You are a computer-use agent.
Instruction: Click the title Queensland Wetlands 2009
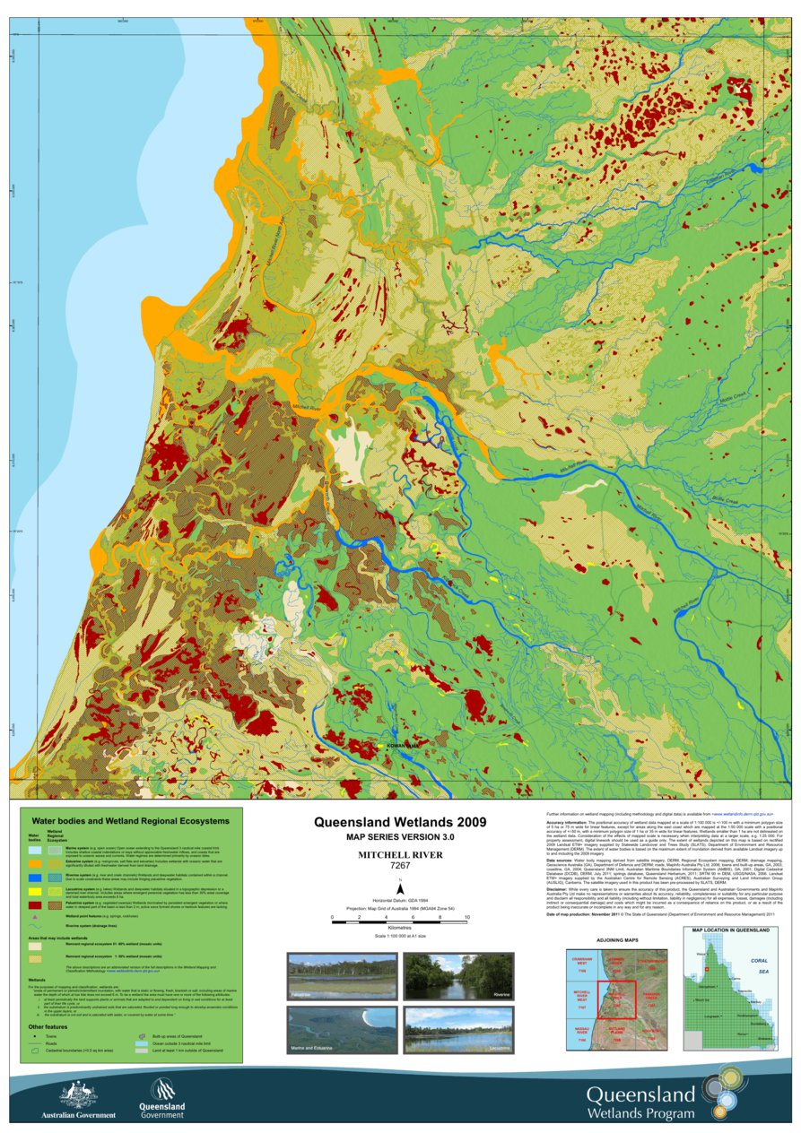[x=400, y=822]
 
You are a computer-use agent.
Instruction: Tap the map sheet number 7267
[x=400, y=866]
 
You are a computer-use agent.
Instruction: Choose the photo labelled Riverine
[x=457, y=976]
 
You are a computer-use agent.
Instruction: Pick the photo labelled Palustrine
[x=341, y=976]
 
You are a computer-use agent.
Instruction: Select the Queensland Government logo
[x=162, y=1092]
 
